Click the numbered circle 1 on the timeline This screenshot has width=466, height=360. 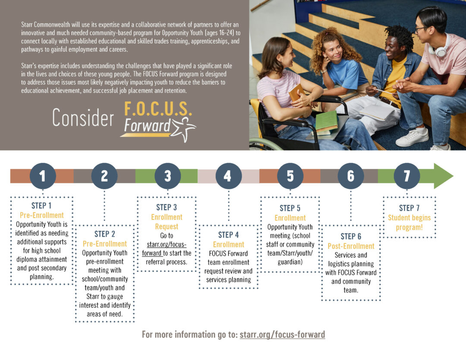point(43,176)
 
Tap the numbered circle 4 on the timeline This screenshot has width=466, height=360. point(229,176)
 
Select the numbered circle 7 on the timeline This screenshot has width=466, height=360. point(407,176)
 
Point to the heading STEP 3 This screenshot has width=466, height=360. point(167,207)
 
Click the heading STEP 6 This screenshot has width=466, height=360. point(351,236)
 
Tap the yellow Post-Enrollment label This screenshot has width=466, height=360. point(351,246)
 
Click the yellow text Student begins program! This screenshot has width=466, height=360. point(409,222)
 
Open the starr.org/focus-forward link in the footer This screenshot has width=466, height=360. point(282,335)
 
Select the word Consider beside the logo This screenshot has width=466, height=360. point(83,118)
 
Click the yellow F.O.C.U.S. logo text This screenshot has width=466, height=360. point(158,109)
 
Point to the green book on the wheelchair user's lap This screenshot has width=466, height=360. point(327,121)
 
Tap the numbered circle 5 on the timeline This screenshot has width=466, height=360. point(290,176)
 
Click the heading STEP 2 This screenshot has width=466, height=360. point(104,234)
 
